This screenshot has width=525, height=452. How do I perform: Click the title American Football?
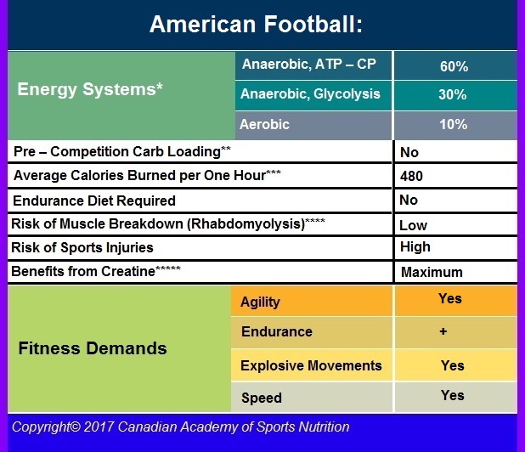256,25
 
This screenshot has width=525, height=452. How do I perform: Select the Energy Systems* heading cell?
90,89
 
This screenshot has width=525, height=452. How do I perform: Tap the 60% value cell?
454,66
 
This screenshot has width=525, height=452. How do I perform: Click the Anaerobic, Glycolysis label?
310,94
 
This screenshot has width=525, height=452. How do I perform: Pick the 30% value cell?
453,95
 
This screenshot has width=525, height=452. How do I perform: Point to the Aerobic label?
265,124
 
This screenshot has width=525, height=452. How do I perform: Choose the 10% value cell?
453,124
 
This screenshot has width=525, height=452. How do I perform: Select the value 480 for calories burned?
411,176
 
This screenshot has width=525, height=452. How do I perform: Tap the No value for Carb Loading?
409,152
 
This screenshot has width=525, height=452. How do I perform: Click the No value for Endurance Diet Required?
409,200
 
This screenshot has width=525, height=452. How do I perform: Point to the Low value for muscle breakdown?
413,225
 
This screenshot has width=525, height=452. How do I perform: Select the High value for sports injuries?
415,247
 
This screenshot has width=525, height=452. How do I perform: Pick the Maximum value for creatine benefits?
432,272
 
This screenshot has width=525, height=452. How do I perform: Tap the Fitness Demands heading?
93,348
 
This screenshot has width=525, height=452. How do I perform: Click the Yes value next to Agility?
450,299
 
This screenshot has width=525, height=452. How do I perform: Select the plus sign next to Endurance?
443,332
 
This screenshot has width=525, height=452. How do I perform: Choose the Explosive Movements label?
311,365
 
